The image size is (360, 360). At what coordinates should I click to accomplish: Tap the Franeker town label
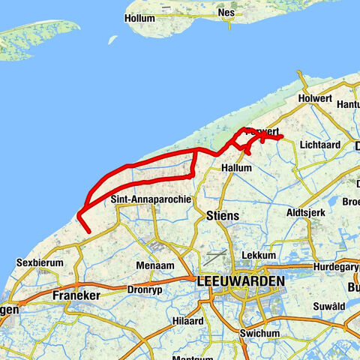click(x=76, y=295)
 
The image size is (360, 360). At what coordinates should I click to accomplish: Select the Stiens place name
click(x=221, y=216)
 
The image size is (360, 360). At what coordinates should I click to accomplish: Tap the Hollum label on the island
click(x=140, y=17)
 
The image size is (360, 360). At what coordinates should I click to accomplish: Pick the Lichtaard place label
click(x=319, y=143)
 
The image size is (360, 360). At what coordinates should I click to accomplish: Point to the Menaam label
click(x=155, y=265)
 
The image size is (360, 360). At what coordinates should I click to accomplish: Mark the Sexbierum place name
click(x=37, y=263)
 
